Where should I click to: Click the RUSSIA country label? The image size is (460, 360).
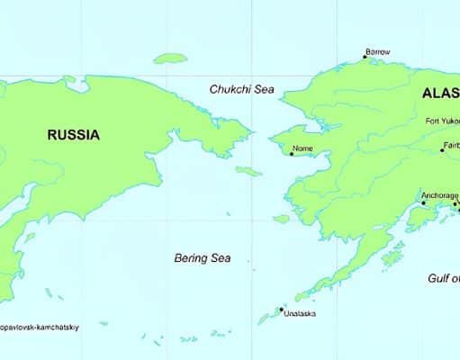(x=74, y=136)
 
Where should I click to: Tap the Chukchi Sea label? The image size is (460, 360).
(x=242, y=89)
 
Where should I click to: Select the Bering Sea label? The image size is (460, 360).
(x=202, y=258)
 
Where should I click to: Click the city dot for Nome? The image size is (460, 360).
(x=291, y=152)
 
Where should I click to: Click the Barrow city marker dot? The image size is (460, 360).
(x=364, y=59)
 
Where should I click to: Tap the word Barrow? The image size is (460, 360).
(x=378, y=52)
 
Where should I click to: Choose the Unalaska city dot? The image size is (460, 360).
(x=281, y=309)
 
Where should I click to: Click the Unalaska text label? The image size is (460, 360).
(x=300, y=314)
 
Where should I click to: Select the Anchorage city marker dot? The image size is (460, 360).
(x=424, y=202)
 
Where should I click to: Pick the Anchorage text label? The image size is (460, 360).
(x=439, y=194)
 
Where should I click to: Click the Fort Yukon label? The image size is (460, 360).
(x=443, y=121)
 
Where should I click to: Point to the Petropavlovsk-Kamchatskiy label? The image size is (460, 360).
(x=40, y=328)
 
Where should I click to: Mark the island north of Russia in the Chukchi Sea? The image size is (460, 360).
(x=168, y=58)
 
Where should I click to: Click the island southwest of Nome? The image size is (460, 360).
(x=248, y=170)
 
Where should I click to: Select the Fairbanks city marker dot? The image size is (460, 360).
(x=443, y=150)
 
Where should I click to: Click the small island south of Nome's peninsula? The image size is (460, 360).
(x=281, y=218)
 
